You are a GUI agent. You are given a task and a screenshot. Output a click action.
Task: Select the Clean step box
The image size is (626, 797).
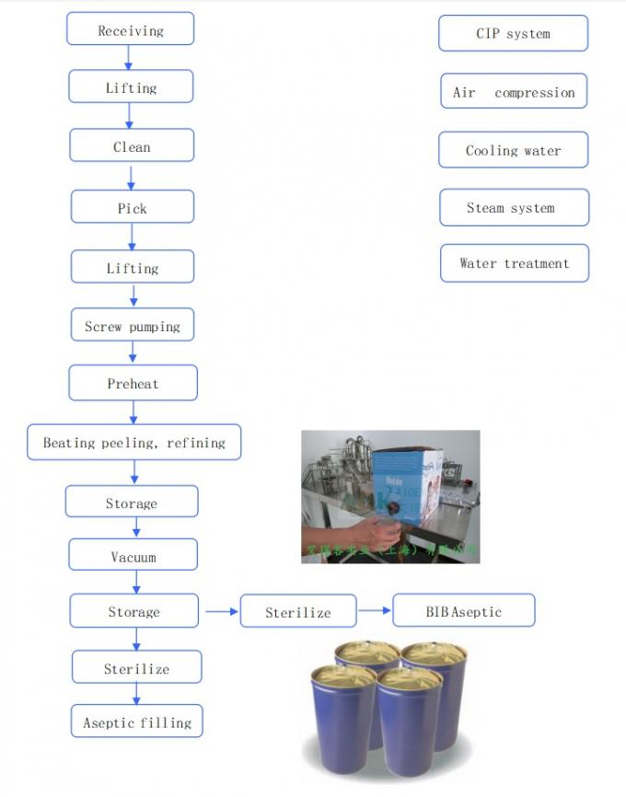tap(132, 145)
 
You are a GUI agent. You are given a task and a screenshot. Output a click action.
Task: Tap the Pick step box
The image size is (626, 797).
tap(132, 207)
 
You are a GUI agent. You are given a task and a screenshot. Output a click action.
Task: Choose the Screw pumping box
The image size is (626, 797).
tap(133, 325)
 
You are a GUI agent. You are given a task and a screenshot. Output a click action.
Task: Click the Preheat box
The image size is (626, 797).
tap(133, 383)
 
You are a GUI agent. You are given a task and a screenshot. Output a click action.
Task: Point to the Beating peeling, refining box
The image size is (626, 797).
tap(134, 442)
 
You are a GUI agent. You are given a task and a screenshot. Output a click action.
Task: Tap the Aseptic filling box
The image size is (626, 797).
tap(137, 722)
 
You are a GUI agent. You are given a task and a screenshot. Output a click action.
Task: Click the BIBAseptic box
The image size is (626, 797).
tap(463, 610)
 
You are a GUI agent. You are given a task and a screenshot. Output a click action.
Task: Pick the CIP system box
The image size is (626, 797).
tap(513, 33)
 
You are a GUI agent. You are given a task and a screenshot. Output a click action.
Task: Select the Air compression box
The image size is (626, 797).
tap(513, 92)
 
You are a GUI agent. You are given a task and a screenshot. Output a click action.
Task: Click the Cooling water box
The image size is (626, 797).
tap(513, 150)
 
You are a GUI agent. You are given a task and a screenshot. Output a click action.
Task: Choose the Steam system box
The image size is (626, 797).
tap(513, 208)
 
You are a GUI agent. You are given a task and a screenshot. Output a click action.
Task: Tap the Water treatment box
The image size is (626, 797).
tap(514, 263)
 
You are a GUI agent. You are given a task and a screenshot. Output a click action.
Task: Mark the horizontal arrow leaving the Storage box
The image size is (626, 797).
tap(219, 610)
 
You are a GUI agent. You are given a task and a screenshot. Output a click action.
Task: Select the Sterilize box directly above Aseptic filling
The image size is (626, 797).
tap(136, 668)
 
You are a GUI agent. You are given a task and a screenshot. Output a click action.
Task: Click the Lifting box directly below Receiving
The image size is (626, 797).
tap(131, 87)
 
